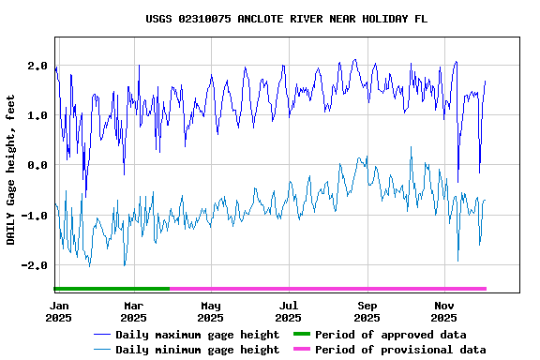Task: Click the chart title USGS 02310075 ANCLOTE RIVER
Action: point(287,19)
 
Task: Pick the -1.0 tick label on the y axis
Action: point(35,216)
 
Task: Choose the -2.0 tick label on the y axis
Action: point(35,265)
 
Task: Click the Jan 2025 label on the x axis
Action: point(58,311)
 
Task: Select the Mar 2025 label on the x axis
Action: point(133,311)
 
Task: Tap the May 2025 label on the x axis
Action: point(211,311)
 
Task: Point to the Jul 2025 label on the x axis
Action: point(289,311)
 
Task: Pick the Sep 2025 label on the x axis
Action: point(367,311)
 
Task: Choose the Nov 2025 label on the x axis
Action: point(445,311)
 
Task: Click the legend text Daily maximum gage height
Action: point(197,335)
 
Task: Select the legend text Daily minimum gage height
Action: point(197,350)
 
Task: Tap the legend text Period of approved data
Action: point(390,335)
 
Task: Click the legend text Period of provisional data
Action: point(400,350)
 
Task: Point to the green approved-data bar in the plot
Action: point(112,289)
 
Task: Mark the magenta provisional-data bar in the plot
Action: point(328,289)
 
